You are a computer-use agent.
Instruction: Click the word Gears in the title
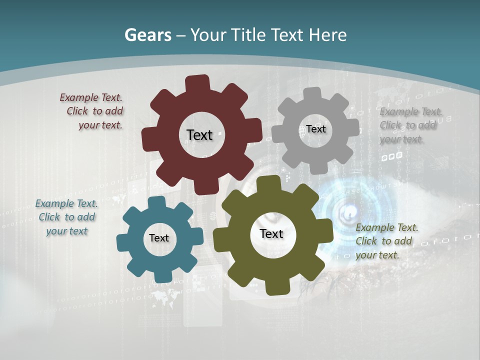147,35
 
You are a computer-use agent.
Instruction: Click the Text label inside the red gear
199,135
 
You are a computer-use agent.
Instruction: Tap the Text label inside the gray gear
316,129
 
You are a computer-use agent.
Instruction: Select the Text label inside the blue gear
159,238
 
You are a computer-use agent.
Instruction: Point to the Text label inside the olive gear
271,234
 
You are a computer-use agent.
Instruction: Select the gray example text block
410,125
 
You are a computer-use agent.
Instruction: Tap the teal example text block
66,217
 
